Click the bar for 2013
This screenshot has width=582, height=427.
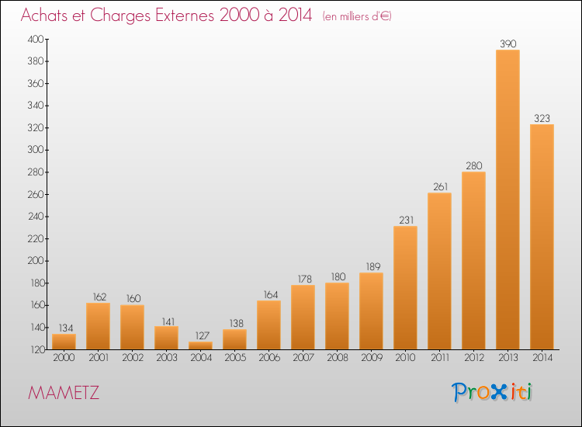pos(508,200)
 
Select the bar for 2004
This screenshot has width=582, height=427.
pos(200,345)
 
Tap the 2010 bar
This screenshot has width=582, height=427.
pos(405,288)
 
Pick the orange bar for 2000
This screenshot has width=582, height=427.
pos(64,342)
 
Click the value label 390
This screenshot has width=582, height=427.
pos(508,43)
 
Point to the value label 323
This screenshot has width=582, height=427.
pos(542,119)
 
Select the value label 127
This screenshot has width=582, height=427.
pos(203,335)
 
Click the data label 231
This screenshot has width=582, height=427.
pos(407,220)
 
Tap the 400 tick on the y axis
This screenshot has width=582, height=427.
pos(36,39)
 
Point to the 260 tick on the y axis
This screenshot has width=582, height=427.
pos(36,194)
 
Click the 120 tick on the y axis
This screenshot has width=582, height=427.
pos(36,349)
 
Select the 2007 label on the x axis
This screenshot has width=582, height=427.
pos(303,358)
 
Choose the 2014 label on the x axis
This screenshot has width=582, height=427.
pos(542,358)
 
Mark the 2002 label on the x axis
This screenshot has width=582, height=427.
pos(133,358)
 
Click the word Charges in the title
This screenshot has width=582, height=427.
pos(120,16)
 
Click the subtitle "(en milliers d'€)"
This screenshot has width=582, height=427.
pos(357,16)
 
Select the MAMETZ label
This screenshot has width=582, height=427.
pos(64,393)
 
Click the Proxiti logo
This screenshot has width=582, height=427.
pos(492,392)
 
